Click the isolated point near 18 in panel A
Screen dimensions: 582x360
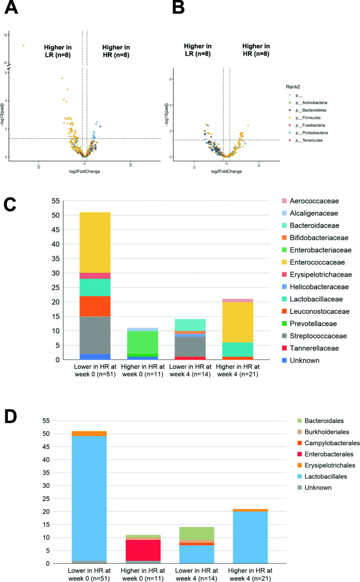24,45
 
